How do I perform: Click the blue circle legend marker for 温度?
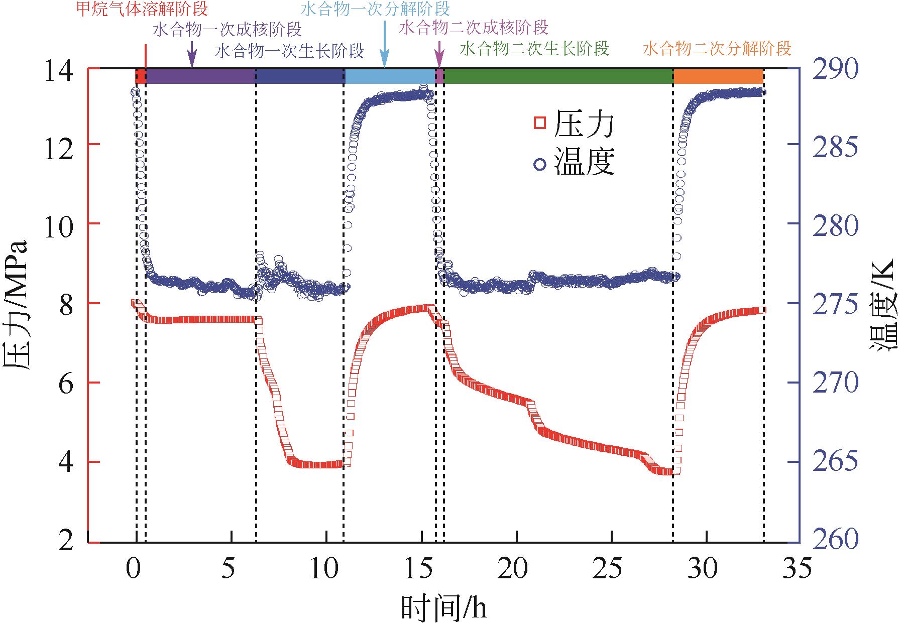tap(540, 163)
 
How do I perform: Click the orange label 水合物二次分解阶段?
tap(717, 49)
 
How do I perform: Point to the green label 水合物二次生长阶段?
tap(534, 49)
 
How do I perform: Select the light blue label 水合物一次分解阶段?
tap(375, 9)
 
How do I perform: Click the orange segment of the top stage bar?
tap(718, 76)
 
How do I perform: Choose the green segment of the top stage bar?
tap(558, 76)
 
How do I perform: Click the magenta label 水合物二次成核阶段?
tap(474, 27)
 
